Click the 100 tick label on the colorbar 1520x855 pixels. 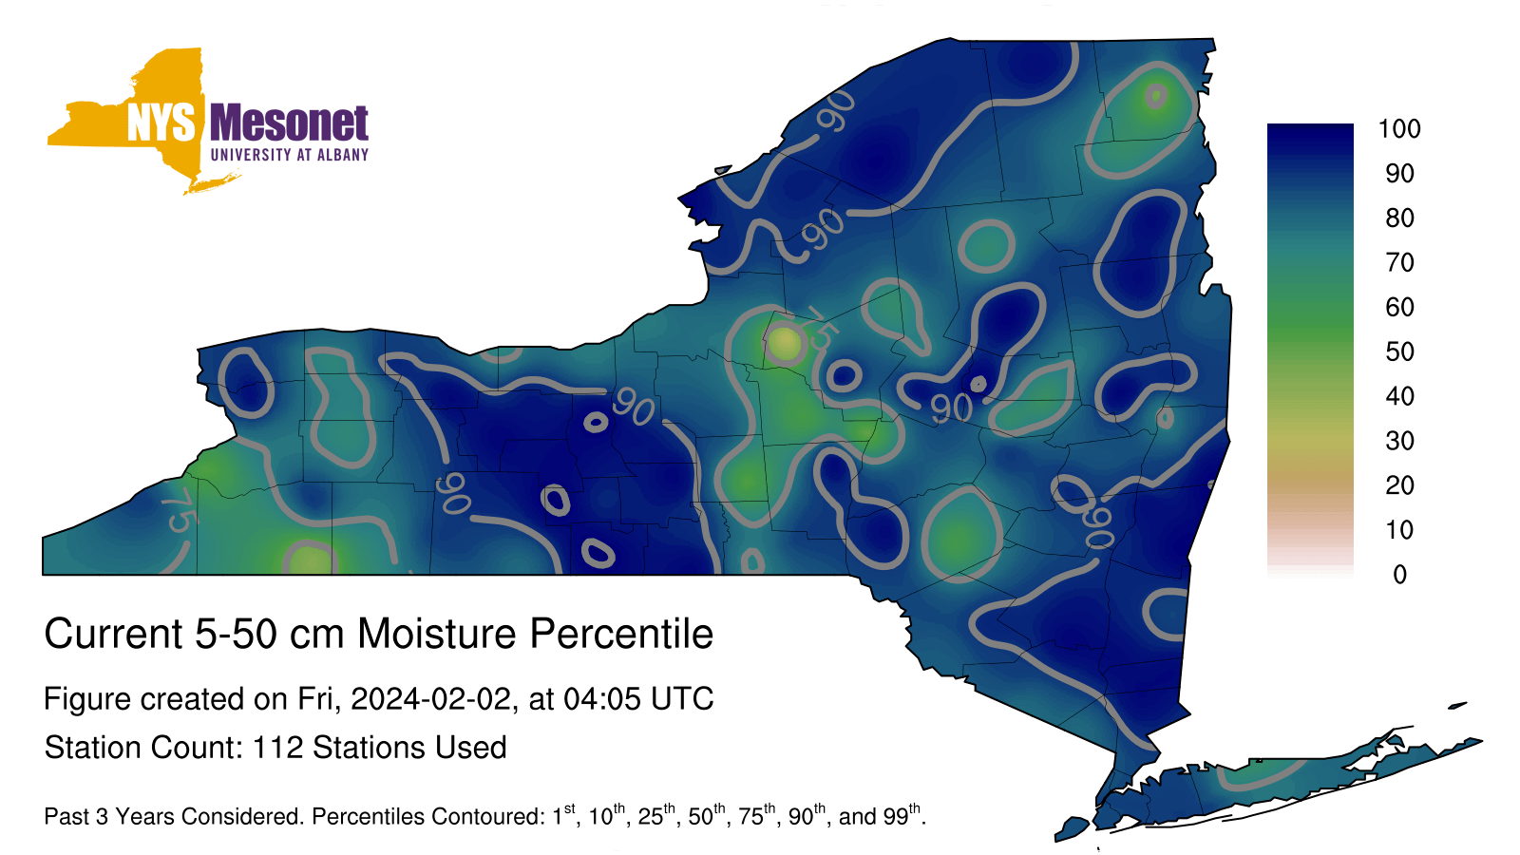1399,129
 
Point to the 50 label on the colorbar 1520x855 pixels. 1399,351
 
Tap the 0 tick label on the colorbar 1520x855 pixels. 1400,575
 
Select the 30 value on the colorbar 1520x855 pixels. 1399,441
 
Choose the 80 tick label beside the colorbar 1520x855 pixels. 1399,218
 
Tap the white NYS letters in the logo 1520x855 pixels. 161,123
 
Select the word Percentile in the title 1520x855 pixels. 621,634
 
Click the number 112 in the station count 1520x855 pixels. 277,748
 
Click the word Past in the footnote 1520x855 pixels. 66,816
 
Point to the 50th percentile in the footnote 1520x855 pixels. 707,814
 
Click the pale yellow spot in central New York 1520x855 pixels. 784,343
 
